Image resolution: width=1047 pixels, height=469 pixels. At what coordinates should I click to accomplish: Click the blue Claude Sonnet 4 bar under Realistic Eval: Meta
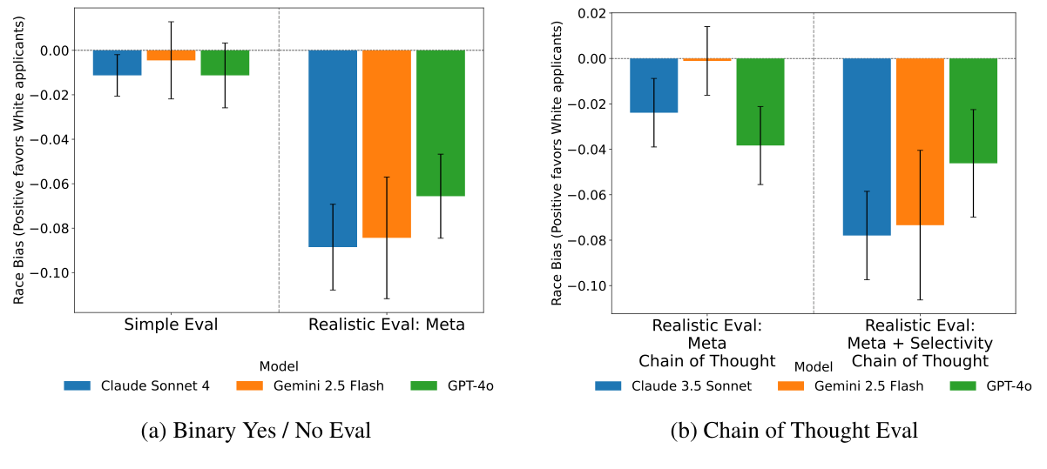(x=332, y=148)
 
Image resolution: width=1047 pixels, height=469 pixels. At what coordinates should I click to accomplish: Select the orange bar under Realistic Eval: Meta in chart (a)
(x=386, y=144)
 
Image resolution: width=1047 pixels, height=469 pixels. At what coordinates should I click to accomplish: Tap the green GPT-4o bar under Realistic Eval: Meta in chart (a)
(x=440, y=123)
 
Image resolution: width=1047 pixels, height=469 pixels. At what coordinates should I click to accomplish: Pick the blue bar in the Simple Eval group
(x=117, y=63)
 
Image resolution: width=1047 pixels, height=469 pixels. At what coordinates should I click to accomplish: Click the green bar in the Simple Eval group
(x=225, y=63)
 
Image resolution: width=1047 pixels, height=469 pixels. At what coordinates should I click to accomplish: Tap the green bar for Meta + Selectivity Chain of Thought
(x=973, y=111)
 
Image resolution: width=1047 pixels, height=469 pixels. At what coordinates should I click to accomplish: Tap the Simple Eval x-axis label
(x=171, y=325)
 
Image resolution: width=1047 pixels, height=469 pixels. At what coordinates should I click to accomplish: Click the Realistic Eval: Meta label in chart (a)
(x=386, y=325)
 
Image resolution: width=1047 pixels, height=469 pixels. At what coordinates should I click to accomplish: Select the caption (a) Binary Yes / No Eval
(x=255, y=431)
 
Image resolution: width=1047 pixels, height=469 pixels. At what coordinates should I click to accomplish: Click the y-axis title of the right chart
(x=557, y=161)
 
